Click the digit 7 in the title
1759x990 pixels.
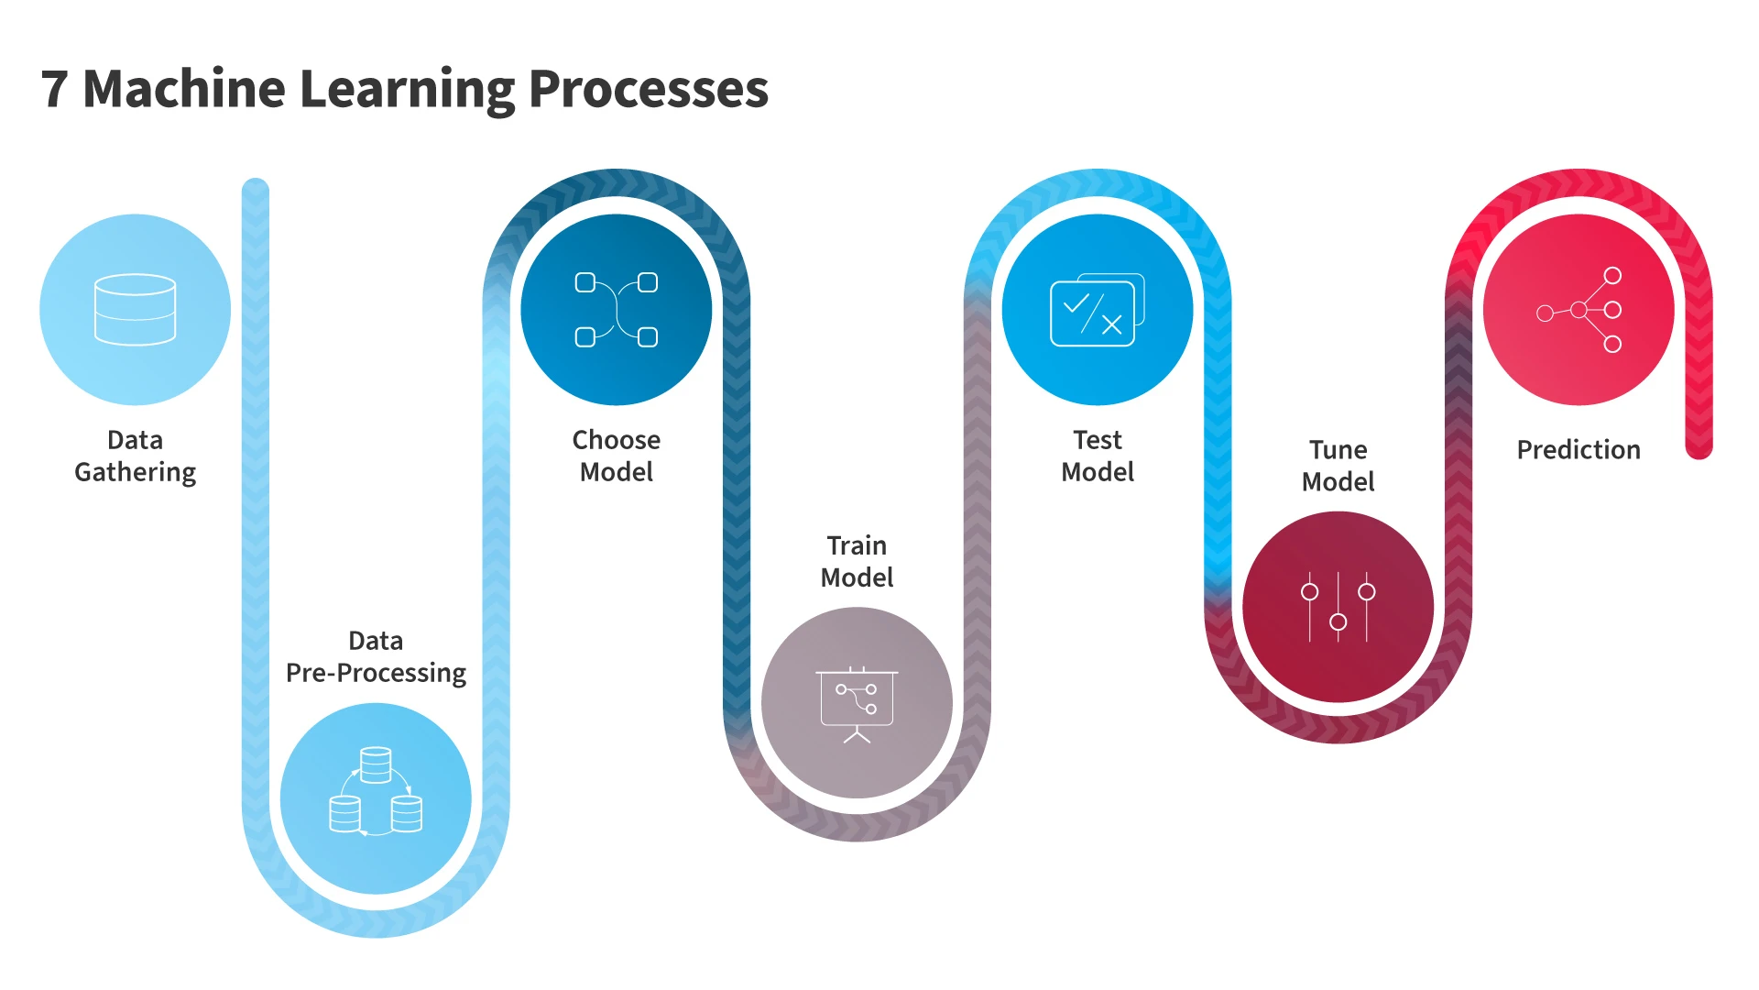tap(55, 90)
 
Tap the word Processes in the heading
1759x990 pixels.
tap(649, 90)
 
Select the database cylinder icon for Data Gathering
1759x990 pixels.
tap(135, 310)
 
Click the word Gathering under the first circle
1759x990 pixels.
tap(135, 472)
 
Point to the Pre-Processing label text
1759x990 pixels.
tap(376, 673)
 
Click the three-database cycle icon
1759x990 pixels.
tap(376, 791)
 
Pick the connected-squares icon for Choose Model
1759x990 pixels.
tap(616, 310)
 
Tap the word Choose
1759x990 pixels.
tap(616, 440)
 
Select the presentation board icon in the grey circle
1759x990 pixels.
tap(857, 704)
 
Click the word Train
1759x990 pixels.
tap(857, 545)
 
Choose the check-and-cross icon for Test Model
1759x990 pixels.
tap(1098, 310)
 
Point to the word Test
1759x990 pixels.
tap(1098, 440)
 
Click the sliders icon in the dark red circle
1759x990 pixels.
tap(1338, 607)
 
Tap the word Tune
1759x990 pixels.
tap(1338, 450)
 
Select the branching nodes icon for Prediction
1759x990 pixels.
tap(1579, 310)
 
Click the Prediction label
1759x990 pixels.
tap(1579, 450)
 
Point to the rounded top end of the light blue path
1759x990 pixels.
tap(256, 187)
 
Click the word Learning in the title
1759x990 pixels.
tap(408, 90)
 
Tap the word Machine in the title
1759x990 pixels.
tap(184, 90)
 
